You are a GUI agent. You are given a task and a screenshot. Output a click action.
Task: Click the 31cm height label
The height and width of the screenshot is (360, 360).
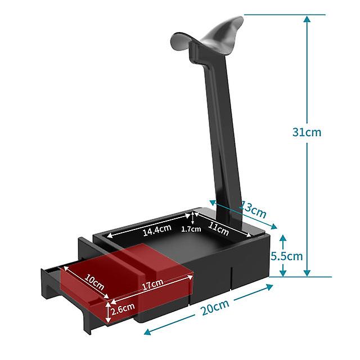[x=307, y=132]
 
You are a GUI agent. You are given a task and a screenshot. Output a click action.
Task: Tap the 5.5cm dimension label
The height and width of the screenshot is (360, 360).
[x=286, y=256]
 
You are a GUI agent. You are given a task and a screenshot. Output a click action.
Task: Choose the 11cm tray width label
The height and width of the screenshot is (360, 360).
[x=219, y=229]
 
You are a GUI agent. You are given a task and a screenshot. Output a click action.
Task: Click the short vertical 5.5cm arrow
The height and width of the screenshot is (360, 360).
[x=283, y=256]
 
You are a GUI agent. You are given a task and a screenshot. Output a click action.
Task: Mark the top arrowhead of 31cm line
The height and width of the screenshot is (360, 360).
[x=307, y=19]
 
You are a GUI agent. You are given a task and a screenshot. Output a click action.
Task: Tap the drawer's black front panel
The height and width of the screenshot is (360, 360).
[x=65, y=292]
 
